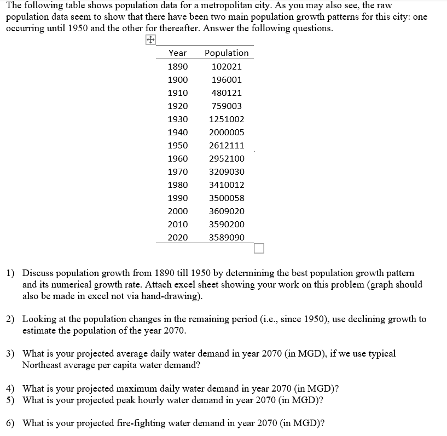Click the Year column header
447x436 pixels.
[177, 53]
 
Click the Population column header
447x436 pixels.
[227, 53]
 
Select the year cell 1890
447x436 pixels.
[177, 66]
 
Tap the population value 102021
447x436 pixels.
[227, 66]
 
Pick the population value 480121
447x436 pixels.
[227, 93]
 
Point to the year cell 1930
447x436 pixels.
[177, 119]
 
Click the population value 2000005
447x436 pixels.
[227, 132]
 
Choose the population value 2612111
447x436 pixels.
[227, 145]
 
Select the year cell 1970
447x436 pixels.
[177, 171]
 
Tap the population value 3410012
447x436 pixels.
[227, 185]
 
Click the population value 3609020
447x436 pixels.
[227, 211]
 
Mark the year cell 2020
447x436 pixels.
[177, 237]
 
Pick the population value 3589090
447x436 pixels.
[227, 237]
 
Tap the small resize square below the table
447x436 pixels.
[259, 249]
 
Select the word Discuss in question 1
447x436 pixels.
[37, 273]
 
